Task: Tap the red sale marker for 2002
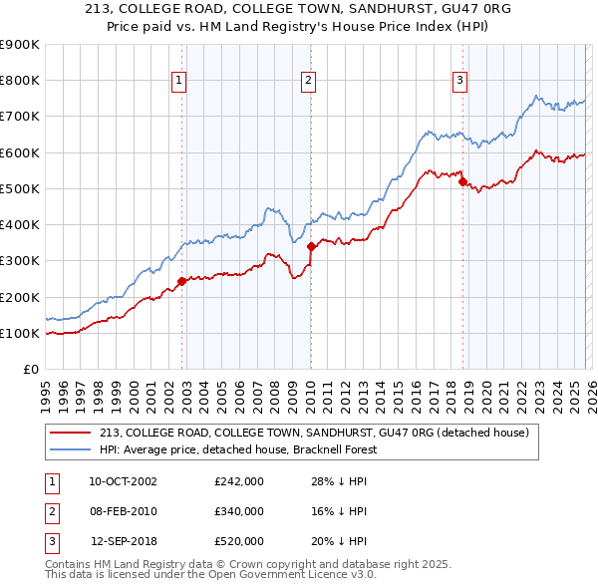pos(182,281)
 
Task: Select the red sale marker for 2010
pos(311,245)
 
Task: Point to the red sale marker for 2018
pos(463,180)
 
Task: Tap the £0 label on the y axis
pos(30,370)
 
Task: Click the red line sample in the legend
pos(71,433)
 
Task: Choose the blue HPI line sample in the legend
pos(71,449)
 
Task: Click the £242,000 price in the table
pos(238,481)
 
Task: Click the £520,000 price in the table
pos(238,541)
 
